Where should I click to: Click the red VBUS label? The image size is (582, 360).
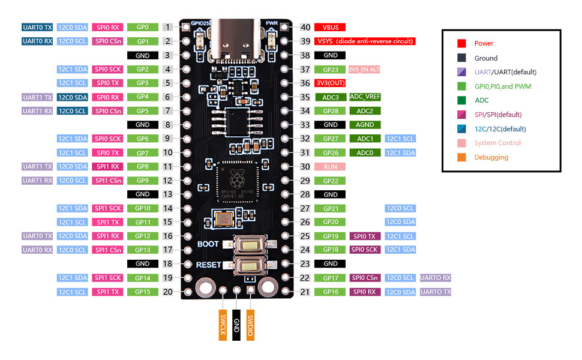tap(329, 28)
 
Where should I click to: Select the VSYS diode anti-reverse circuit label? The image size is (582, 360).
tap(365, 41)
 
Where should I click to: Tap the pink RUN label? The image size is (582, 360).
tap(330, 166)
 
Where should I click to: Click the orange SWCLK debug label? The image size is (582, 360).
tap(223, 325)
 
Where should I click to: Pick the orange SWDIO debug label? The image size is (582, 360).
tap(251, 325)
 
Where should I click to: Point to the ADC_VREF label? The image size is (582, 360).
tap(365, 97)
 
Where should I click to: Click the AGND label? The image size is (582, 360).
tap(365, 125)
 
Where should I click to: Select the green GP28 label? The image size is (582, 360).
tap(330, 111)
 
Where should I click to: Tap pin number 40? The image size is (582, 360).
tap(305, 28)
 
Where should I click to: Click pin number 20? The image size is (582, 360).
tap(168, 292)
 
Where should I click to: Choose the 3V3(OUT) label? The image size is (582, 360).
tap(330, 83)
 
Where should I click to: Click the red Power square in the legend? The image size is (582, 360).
tap(461, 43)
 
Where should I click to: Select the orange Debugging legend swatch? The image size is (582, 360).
tap(461, 157)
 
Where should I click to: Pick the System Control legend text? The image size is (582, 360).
tap(497, 143)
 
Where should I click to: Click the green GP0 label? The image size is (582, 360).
tap(142, 28)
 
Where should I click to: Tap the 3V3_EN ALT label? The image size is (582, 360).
tap(364, 70)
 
